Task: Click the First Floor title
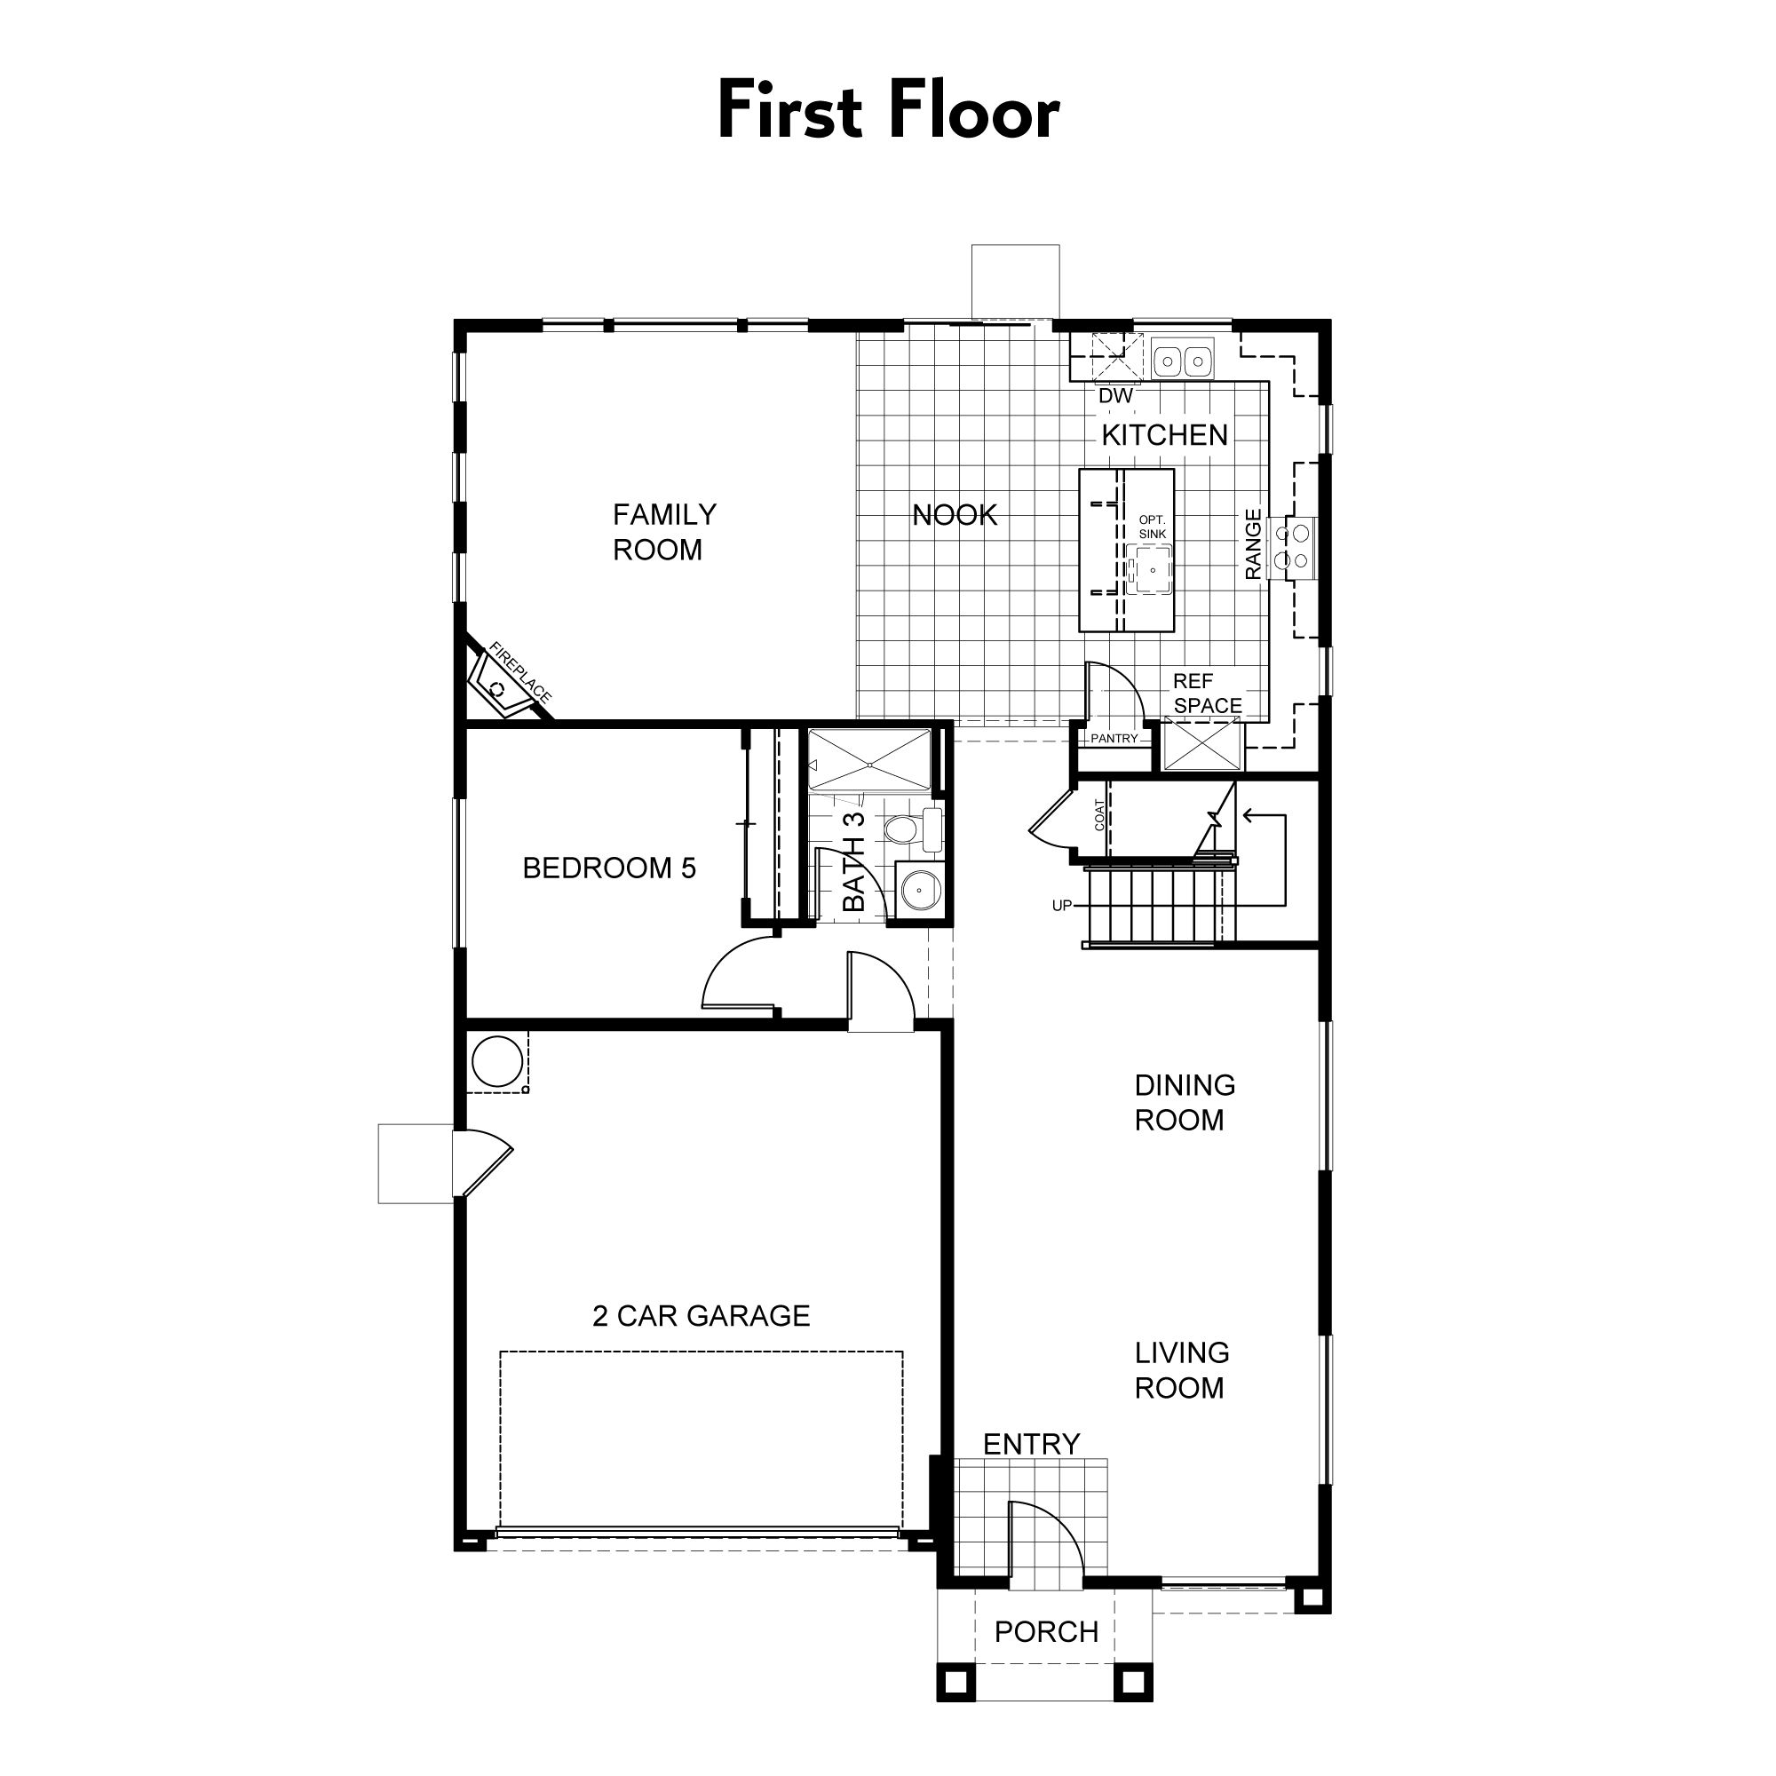pos(888,110)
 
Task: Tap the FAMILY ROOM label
pos(663,532)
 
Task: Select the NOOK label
pos(955,515)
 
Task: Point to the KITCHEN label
pos(1165,435)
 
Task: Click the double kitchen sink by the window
pos(1182,360)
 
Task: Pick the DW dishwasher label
pos(1116,395)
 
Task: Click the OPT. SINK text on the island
pos(1152,527)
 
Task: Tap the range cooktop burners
pos(1291,548)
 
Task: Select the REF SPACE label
pos(1207,694)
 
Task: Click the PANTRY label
pos(1114,738)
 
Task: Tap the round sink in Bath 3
pos(917,889)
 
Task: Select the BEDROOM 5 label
pos(609,868)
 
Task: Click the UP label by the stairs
pos(1062,906)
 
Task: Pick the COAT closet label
pos(1099,815)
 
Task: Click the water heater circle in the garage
pos(497,1062)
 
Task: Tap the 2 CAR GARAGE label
pos(702,1315)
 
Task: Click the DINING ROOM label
pos(1184,1102)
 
